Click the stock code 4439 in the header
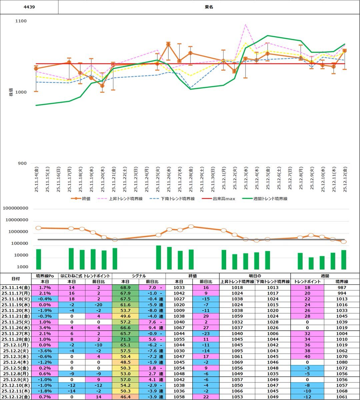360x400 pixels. [29, 7]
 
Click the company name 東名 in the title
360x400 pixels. [209, 7]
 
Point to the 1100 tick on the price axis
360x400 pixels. [21, 21]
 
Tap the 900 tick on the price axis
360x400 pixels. [22, 163]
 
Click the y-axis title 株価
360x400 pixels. [11, 92]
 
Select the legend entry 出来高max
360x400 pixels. [224, 199]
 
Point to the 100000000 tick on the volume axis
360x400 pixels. [20, 208]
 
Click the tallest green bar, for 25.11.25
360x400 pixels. [158, 257]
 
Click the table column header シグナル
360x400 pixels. [139, 276]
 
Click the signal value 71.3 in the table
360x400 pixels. [125, 339]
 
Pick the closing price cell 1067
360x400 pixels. [179, 328]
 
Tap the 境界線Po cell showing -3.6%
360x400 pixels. [45, 351]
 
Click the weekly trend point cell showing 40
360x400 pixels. [307, 356]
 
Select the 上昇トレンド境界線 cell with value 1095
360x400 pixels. [237, 351]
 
